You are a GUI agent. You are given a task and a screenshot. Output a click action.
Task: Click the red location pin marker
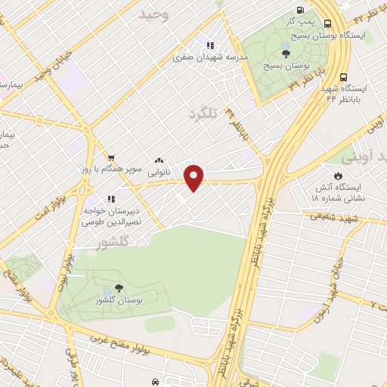pyautogui.click(x=195, y=178)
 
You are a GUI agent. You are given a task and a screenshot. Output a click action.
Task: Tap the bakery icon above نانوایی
pyautogui.click(x=159, y=160)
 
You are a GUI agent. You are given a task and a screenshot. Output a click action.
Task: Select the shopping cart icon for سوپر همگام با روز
pyautogui.click(x=111, y=157)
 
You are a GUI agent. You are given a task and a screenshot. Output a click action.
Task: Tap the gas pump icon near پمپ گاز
pyautogui.click(x=301, y=11)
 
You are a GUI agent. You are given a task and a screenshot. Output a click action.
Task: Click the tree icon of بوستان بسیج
pyautogui.click(x=286, y=52)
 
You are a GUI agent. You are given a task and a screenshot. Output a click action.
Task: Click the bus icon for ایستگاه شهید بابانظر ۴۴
pyautogui.click(x=344, y=77)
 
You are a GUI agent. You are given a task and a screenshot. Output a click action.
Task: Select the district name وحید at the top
pyautogui.click(x=153, y=14)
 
